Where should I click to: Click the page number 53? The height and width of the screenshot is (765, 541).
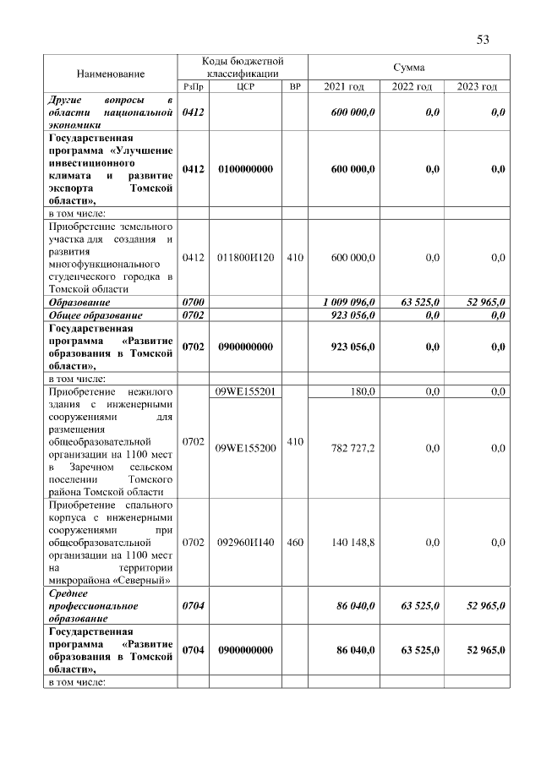[483, 40]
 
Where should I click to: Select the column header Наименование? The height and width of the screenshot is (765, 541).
[111, 74]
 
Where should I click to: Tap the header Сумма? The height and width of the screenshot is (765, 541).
[409, 67]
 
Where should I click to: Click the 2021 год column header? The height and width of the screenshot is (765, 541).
[344, 87]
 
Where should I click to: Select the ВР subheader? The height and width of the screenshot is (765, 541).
[295, 87]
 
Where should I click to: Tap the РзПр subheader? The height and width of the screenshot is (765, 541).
[193, 87]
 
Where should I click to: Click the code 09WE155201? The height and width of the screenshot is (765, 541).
[246, 391]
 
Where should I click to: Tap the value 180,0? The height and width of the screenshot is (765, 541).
[363, 391]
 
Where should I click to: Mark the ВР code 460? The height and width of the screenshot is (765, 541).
[295, 543]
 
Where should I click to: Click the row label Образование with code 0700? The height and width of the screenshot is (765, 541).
[80, 302]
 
